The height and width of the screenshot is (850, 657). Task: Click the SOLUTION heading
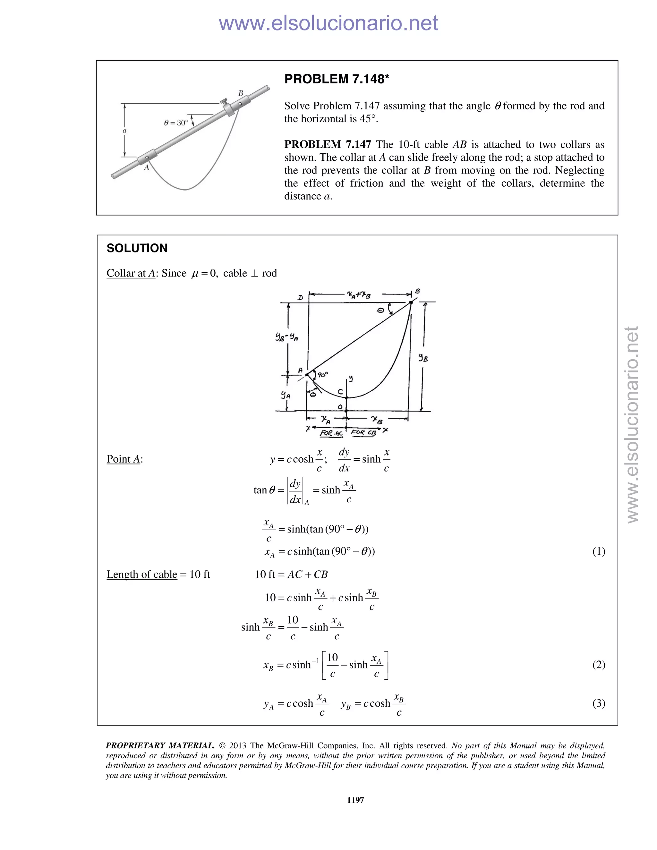(x=137, y=248)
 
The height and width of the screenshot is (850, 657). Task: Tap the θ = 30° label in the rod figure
(x=176, y=123)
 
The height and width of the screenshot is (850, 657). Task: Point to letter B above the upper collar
(x=241, y=93)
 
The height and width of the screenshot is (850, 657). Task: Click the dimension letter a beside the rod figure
(x=124, y=131)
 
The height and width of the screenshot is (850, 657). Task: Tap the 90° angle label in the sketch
(x=323, y=374)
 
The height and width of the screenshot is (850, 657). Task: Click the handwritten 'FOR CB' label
(x=363, y=432)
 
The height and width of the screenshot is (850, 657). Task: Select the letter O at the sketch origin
(x=340, y=407)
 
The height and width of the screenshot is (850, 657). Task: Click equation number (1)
(x=599, y=551)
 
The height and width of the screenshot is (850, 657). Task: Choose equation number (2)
(x=599, y=664)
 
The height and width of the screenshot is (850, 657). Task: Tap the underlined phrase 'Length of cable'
(x=142, y=574)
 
